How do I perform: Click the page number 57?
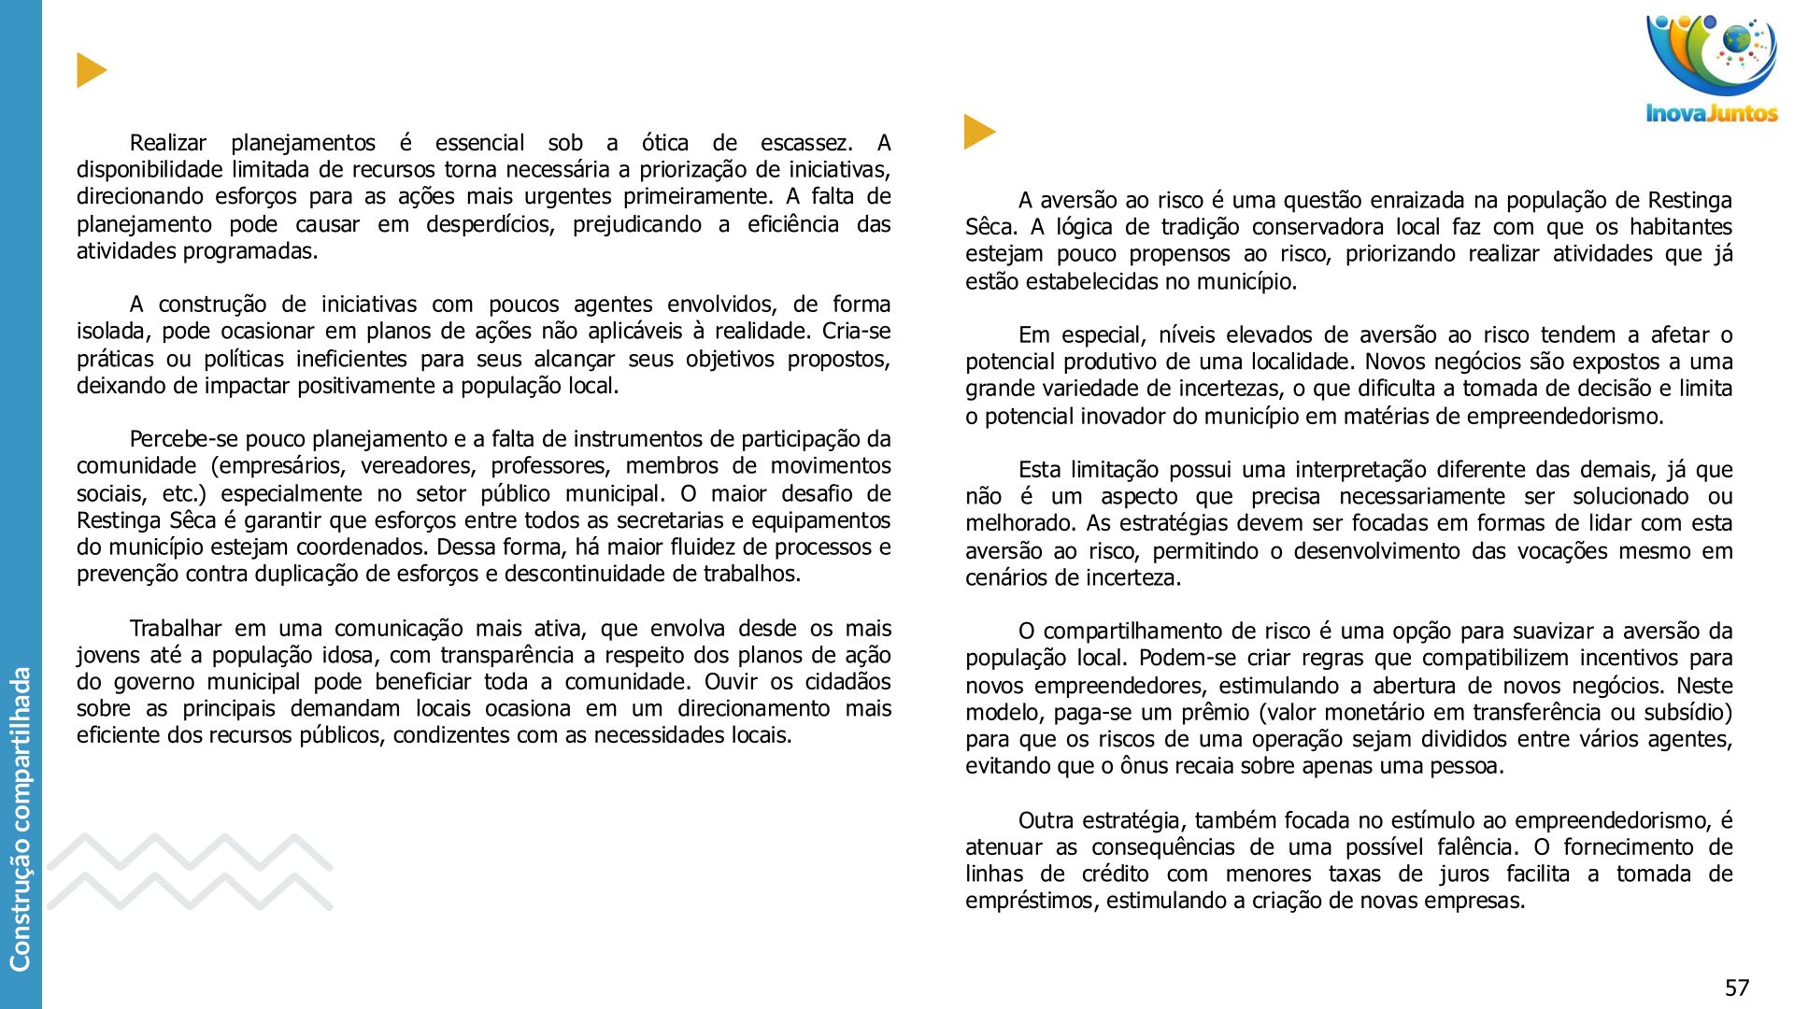tap(1736, 988)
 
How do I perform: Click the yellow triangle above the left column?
tap(91, 70)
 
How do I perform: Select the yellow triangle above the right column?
tap(978, 132)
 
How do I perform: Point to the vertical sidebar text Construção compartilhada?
tap(21, 817)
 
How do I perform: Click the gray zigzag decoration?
tap(190, 871)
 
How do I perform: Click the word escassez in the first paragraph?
tap(806, 143)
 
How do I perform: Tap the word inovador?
tap(1118, 416)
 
